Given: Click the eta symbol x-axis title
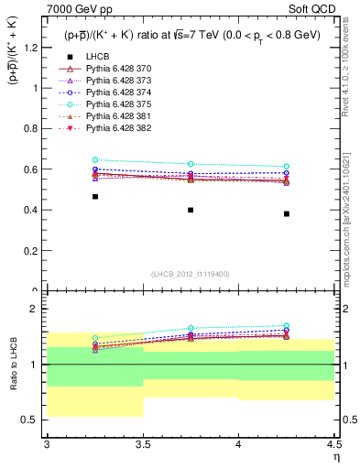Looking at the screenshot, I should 336,455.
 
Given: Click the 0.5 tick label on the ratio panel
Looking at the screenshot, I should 31,420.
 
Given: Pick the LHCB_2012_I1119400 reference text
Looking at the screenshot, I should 191,274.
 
